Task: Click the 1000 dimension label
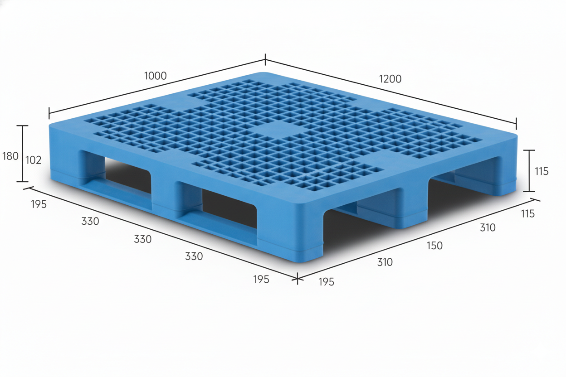click(x=156, y=76)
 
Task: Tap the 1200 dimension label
click(x=390, y=79)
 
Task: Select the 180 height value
click(x=10, y=156)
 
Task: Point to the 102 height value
click(x=34, y=160)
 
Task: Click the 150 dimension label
click(x=434, y=246)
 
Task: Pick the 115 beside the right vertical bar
click(x=542, y=171)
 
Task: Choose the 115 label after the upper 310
click(x=527, y=214)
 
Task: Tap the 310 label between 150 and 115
click(x=488, y=227)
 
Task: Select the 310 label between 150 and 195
click(x=385, y=262)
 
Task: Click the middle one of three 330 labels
click(x=142, y=239)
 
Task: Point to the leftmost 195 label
click(x=39, y=204)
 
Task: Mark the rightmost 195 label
click(x=326, y=282)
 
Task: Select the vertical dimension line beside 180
click(x=23, y=154)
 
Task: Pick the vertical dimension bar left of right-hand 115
click(x=529, y=171)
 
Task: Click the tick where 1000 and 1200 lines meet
click(x=265, y=59)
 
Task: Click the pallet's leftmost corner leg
click(x=66, y=159)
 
